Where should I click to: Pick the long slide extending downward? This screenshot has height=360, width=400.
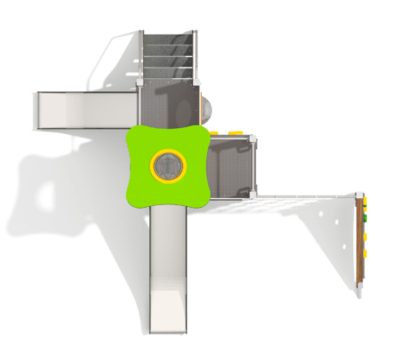point(167,267)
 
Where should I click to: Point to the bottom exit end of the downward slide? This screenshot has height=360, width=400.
point(167,327)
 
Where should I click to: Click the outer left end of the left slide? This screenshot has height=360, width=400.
point(40,111)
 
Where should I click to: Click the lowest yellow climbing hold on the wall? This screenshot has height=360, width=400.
point(364,256)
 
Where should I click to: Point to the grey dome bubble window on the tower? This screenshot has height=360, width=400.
point(205,108)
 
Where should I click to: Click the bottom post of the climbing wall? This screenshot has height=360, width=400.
point(360,285)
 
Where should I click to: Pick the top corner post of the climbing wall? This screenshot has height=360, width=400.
point(359,195)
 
